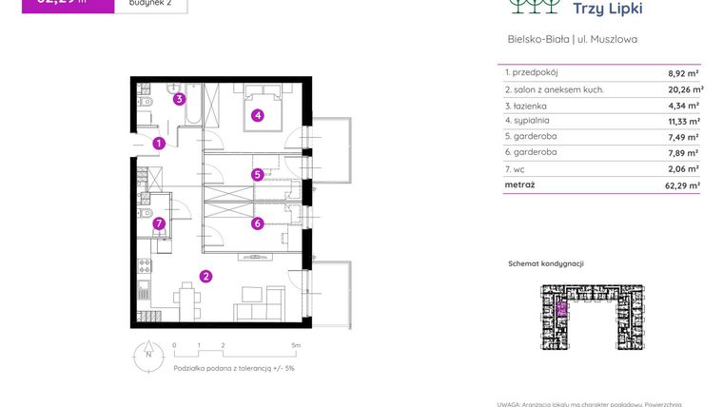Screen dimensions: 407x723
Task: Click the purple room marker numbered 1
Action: point(159,144)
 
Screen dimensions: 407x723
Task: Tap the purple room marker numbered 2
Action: point(205,277)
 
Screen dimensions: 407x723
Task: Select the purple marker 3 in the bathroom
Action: point(179,98)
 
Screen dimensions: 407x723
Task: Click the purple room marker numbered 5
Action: point(257,174)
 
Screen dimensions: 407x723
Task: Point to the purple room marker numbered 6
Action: point(257,223)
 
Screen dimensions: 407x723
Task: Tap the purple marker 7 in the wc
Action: point(159,224)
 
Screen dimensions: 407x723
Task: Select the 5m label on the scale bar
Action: point(296,346)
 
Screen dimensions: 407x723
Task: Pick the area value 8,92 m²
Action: point(683,73)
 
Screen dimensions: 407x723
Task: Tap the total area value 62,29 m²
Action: point(681,186)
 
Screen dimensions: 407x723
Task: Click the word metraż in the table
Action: point(521,185)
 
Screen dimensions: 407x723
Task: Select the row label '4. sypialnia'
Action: point(528,121)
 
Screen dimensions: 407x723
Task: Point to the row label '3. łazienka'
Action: point(527,106)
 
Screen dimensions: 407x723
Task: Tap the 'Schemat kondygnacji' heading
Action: point(545,263)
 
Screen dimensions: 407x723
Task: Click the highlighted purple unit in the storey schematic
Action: point(561,308)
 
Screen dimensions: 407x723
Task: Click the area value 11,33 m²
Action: point(683,122)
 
